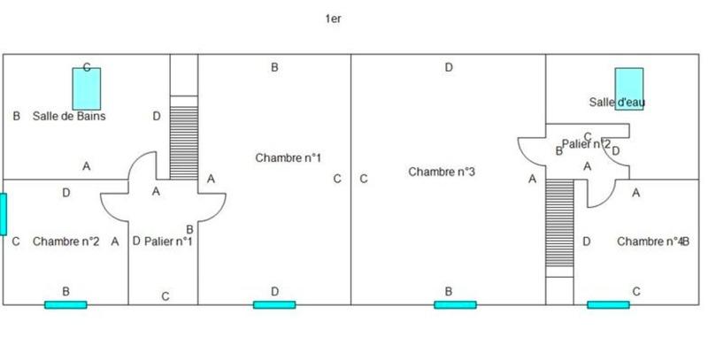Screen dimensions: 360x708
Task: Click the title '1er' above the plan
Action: (333, 17)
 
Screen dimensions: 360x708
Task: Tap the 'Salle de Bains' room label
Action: (69, 116)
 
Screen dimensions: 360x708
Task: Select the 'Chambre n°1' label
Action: (288, 158)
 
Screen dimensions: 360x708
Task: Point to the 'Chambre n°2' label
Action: (65, 241)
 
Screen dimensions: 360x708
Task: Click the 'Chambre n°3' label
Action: (442, 172)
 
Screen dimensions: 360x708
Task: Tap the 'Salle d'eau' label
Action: (617, 103)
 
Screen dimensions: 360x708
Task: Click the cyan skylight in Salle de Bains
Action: (87, 88)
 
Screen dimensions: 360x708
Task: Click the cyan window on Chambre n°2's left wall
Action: (3, 213)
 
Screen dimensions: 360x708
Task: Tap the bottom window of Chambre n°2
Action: (66, 304)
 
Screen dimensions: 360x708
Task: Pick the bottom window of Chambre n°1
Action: (274, 304)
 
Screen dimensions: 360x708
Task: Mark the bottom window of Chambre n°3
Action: (455, 304)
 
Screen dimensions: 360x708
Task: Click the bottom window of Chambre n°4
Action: (608, 304)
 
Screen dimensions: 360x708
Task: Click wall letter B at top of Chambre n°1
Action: (275, 67)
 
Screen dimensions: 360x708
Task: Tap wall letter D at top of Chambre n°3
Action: (449, 67)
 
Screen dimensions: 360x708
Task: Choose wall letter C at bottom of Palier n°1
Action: (165, 296)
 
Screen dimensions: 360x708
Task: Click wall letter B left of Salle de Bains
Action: (16, 116)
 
